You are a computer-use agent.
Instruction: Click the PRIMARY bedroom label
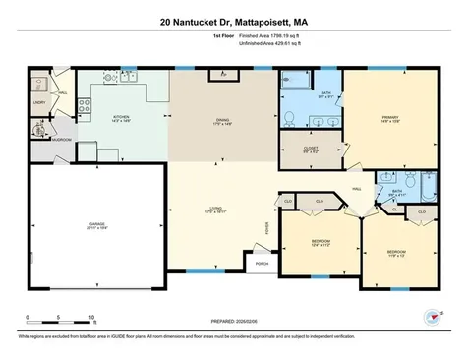click(x=387, y=119)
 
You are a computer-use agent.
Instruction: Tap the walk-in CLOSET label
click(x=311, y=149)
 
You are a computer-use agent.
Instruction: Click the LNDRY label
click(x=39, y=101)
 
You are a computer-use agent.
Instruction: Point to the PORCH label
click(x=263, y=263)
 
